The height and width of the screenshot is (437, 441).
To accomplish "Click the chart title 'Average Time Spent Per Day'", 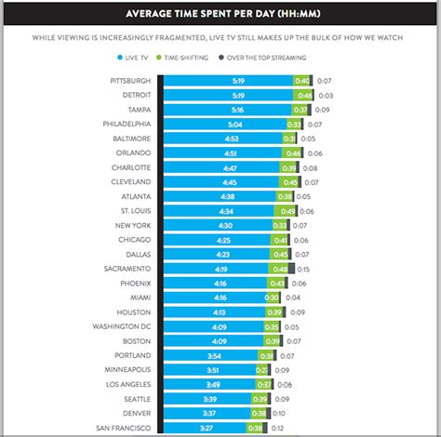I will (220, 13).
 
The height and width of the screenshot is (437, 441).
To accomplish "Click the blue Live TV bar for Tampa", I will (223, 109).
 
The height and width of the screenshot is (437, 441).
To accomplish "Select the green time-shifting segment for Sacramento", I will (279, 268).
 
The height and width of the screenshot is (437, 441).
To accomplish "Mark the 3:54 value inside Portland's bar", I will (213, 355).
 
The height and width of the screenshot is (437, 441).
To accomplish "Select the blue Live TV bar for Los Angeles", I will (209, 384).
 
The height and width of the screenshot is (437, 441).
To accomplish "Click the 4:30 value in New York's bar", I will (224, 225).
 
